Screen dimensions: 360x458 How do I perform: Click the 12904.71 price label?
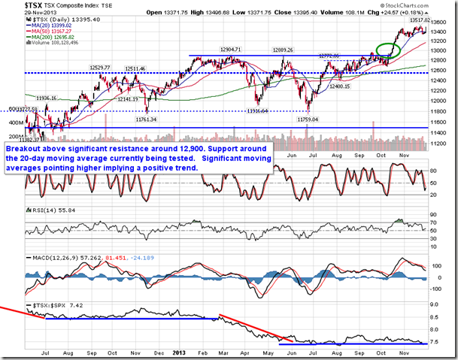point(231,49)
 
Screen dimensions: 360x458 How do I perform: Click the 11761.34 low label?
point(138,119)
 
